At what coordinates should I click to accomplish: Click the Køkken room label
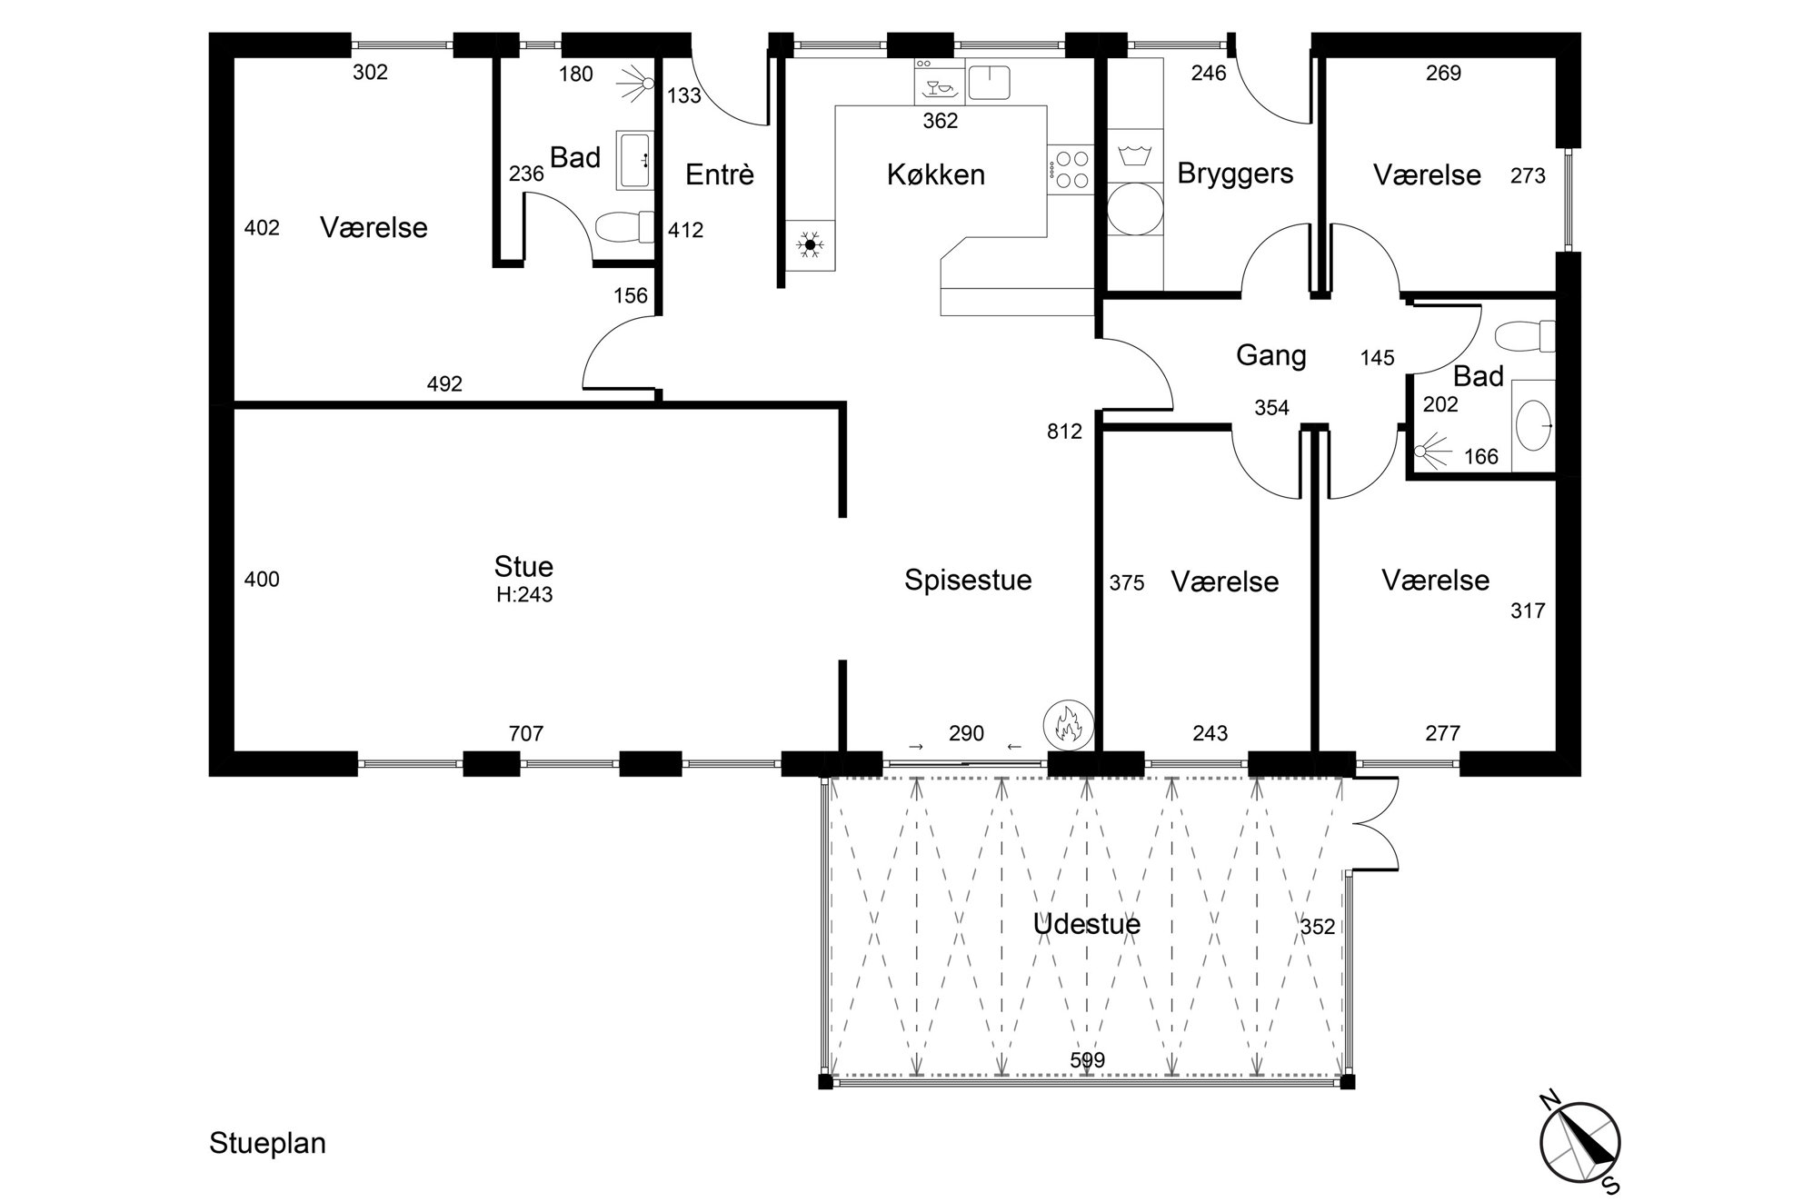(936, 174)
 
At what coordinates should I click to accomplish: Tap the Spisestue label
(968, 580)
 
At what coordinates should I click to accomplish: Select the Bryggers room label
(1235, 174)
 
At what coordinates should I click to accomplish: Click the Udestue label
(1087, 924)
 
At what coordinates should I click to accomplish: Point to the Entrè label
(720, 174)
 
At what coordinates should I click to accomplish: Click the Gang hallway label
(1271, 355)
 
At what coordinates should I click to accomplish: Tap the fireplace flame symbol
(1068, 724)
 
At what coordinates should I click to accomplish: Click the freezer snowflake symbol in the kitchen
(810, 243)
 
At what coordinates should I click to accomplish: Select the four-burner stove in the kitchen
(1071, 169)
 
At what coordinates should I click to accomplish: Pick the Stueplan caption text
(267, 1143)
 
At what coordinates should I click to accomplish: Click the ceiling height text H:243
(524, 595)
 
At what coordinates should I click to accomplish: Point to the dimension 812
(1064, 432)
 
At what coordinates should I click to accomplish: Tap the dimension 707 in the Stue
(526, 733)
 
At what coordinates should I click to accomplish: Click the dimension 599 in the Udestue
(1088, 1060)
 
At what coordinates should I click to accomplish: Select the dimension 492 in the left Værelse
(444, 384)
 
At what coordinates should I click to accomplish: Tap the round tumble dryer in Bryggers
(1135, 209)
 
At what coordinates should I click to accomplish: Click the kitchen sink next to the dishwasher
(990, 82)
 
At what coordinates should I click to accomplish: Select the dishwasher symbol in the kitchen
(939, 82)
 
